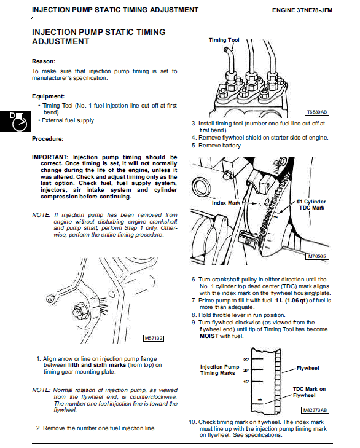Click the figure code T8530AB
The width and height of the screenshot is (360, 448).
click(x=317, y=112)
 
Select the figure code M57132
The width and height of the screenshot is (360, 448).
click(x=154, y=338)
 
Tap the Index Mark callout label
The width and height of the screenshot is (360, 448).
click(x=225, y=202)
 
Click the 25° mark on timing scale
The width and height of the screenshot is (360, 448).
click(x=246, y=359)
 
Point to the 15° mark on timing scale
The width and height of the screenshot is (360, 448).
click(x=246, y=382)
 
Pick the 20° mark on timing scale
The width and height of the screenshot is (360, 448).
click(x=246, y=371)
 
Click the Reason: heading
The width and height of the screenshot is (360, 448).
click(x=44, y=61)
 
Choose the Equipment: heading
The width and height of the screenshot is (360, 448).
click(x=48, y=96)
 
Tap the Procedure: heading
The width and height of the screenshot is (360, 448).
click(x=48, y=139)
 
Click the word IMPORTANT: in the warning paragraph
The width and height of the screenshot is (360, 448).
click(x=50, y=157)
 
